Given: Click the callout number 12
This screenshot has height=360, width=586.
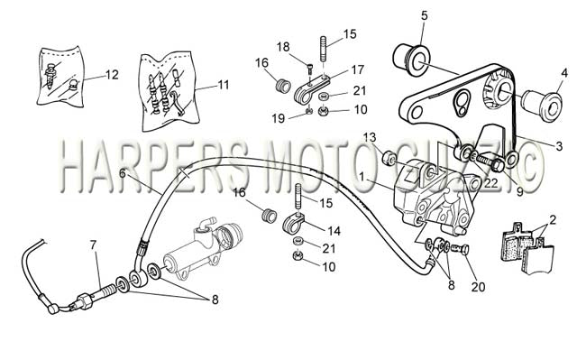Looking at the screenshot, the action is [x=112, y=75].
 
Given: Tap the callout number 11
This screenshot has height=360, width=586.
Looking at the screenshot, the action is [x=223, y=85].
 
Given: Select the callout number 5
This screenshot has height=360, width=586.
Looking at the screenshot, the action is [x=424, y=16].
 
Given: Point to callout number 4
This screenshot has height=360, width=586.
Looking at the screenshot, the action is [x=564, y=73].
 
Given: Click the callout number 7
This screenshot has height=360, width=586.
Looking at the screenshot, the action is [x=93, y=245].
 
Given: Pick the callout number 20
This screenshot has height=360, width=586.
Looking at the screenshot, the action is [x=478, y=287].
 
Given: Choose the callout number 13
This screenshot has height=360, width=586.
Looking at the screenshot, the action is [x=370, y=137].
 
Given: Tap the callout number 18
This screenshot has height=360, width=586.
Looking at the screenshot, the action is [x=283, y=47].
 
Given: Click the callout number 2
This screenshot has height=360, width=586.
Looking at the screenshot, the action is [x=553, y=220].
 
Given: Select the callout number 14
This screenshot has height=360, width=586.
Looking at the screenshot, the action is [x=334, y=231].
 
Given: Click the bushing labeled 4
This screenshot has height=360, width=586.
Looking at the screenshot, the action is [x=542, y=105].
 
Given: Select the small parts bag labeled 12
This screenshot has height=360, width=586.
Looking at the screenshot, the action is [x=60, y=77].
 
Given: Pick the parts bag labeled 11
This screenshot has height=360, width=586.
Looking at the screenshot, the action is [x=170, y=92].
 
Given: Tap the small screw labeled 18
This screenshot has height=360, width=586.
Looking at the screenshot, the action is [x=309, y=69].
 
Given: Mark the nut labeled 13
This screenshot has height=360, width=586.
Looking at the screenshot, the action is [x=389, y=157].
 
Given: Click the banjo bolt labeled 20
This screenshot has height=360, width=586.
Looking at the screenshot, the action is [x=461, y=249].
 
